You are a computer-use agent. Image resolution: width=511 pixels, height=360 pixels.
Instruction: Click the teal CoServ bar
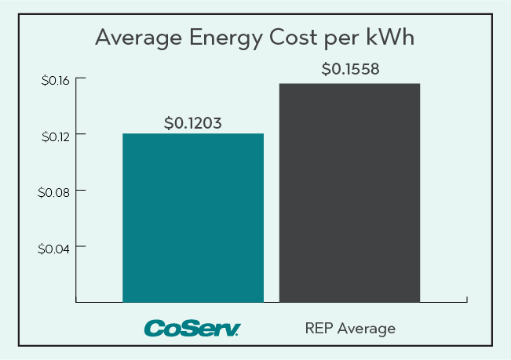pos(193,217)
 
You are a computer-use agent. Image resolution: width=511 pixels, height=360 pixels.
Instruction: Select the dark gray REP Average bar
pos(349,192)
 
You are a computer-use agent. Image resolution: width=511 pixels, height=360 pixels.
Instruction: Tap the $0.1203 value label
pos(193,123)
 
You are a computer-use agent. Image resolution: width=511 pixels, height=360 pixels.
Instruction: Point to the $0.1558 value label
pos(350,69)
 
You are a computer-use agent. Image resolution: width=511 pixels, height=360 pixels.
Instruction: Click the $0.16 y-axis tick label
pos(54,79)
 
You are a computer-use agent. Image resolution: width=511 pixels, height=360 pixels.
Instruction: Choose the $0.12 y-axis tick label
pos(54,136)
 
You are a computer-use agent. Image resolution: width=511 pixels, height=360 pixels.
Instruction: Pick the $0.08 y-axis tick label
pos(54,191)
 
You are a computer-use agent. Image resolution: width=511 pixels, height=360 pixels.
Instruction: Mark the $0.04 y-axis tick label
pos(54,248)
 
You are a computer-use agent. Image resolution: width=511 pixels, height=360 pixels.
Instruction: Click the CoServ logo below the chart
pos(192,328)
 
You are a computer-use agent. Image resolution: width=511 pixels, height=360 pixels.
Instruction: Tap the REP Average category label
pos(350,328)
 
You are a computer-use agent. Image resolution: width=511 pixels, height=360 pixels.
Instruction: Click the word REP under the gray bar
pos(319,328)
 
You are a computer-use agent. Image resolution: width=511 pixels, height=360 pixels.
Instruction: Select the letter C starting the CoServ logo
pos(151,328)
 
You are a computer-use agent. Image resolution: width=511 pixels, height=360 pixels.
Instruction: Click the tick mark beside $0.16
pos(79,79)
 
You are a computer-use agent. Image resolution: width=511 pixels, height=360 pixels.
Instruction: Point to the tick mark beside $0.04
pos(79,248)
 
